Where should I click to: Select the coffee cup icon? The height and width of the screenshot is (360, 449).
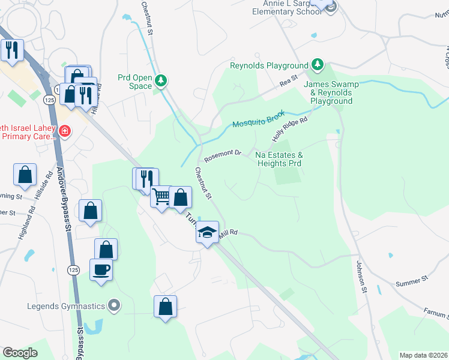[x=101, y=269]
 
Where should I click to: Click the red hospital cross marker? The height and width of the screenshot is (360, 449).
[x=64, y=130]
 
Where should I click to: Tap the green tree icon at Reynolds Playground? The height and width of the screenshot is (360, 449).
[x=317, y=65]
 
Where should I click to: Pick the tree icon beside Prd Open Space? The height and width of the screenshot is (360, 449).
[x=160, y=80]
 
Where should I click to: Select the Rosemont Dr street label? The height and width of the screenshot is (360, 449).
[x=222, y=156]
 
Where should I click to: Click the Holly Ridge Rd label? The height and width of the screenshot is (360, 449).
[x=290, y=129]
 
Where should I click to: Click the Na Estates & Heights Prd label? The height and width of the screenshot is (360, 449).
[x=279, y=159]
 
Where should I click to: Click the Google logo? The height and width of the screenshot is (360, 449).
[x=20, y=353]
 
